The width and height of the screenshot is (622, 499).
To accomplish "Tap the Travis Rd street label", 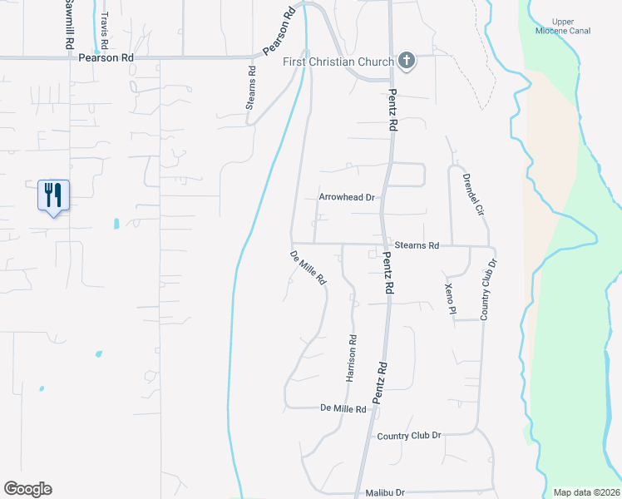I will click(104, 27).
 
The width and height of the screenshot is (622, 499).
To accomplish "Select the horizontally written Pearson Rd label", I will click(106, 59).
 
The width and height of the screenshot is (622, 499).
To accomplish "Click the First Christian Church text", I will click(338, 62).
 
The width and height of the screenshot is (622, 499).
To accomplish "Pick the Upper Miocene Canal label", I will click(570, 27).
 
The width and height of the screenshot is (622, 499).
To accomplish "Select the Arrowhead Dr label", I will click(348, 198).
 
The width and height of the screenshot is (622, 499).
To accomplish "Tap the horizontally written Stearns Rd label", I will click(416, 246).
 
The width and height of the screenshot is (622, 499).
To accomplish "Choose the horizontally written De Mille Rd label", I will click(343, 409).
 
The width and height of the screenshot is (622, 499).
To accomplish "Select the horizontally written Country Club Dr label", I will click(408, 436).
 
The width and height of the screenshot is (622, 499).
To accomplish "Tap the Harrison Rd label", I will click(352, 358).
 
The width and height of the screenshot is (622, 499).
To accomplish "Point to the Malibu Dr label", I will click(384, 493).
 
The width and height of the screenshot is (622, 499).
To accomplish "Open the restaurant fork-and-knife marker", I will click(53, 196).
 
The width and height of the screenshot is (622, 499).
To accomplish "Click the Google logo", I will click(27, 489).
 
